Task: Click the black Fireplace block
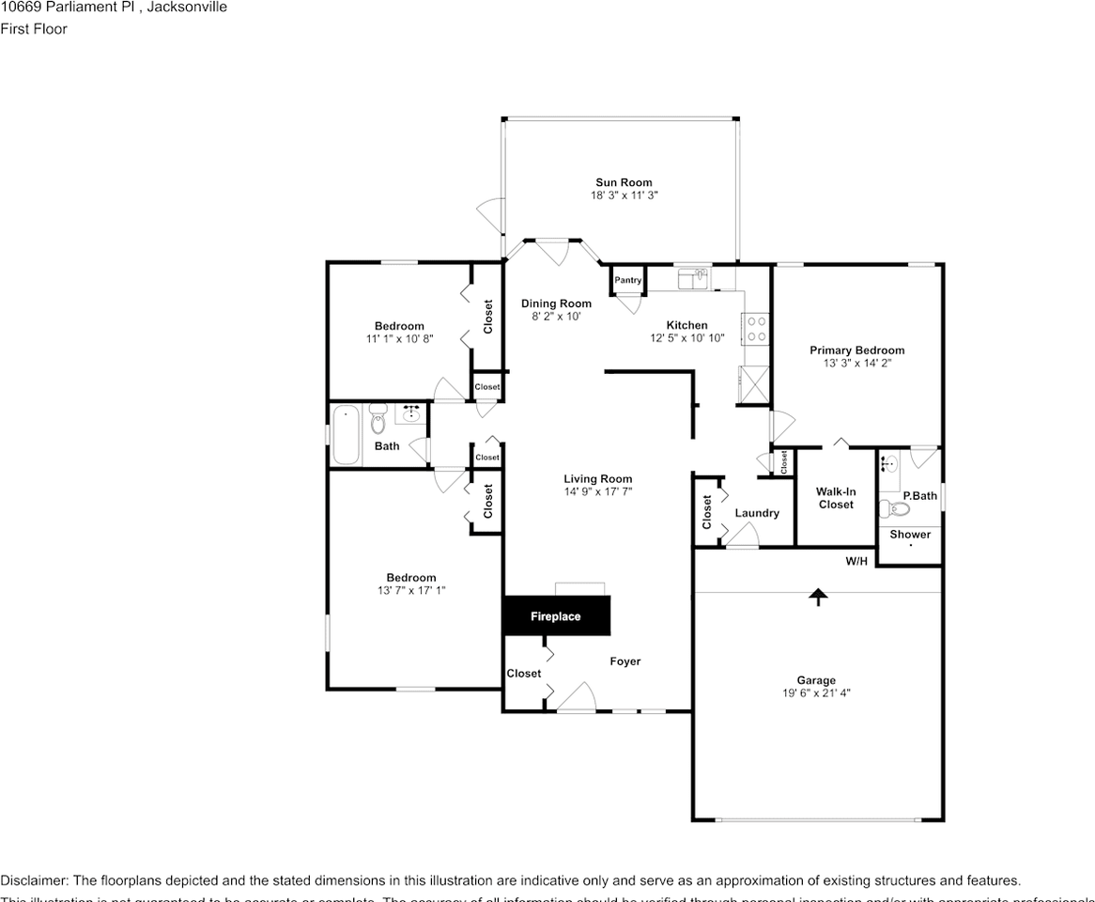(556, 616)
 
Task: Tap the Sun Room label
(623, 182)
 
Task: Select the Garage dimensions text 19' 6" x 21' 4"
(815, 693)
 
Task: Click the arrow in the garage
(819, 596)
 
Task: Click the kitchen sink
(694, 278)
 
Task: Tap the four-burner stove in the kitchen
(756, 328)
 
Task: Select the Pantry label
(627, 280)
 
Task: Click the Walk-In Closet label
(835, 498)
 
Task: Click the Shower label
(910, 534)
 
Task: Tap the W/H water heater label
(856, 561)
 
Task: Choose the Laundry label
(756, 513)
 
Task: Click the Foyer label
(625, 661)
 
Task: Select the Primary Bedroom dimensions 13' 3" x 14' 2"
(856, 363)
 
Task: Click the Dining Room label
(556, 303)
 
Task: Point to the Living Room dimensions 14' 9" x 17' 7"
(597, 490)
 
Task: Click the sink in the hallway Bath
(410, 413)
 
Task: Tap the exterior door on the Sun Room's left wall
(491, 216)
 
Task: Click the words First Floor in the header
(34, 28)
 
